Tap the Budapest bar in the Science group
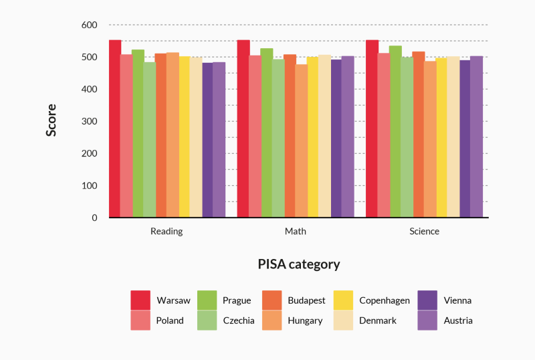(x=418, y=134)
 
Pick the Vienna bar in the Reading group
(x=207, y=140)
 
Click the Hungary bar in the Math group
(x=302, y=141)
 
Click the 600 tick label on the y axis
(x=89, y=25)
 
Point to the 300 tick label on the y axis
(x=89, y=122)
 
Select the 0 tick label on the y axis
(x=94, y=218)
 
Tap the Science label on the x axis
(x=424, y=232)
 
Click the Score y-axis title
(x=51, y=120)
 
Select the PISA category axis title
(x=299, y=264)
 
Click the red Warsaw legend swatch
(x=140, y=300)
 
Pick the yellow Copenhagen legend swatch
(x=342, y=300)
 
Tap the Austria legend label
(x=458, y=321)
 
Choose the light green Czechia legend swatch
(x=207, y=321)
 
